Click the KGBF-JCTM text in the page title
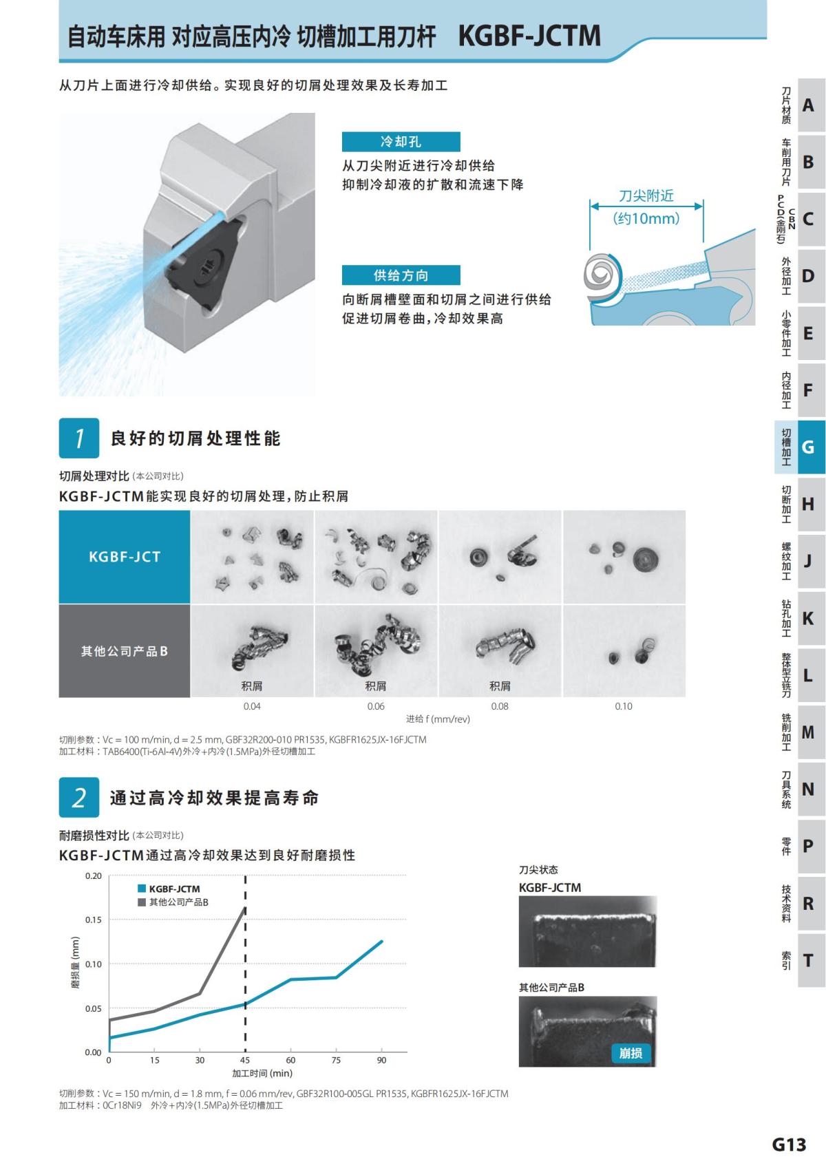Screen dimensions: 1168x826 [x=529, y=36]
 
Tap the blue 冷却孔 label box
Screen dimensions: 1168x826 [x=401, y=142]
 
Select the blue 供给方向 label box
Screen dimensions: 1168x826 [x=401, y=275]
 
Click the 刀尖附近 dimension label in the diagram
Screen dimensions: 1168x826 [x=646, y=196]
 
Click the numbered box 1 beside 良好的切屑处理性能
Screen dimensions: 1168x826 [x=79, y=438]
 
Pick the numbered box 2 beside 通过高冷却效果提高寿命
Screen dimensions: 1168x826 [x=79, y=798]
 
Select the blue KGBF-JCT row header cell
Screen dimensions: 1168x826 [x=125, y=557]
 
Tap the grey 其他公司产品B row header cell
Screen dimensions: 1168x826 [x=125, y=651]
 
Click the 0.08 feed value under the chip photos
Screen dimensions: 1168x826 [x=500, y=706]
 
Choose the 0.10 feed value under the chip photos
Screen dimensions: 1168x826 [x=624, y=706]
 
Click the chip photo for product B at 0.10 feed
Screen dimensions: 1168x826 [x=624, y=650]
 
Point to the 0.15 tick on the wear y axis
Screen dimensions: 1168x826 [x=93, y=920]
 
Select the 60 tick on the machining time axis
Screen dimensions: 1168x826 [x=290, y=1061]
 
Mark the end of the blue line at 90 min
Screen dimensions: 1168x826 [x=382, y=941]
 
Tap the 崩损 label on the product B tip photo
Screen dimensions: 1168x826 [x=631, y=1053]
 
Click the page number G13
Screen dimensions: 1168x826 [x=789, y=1145]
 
